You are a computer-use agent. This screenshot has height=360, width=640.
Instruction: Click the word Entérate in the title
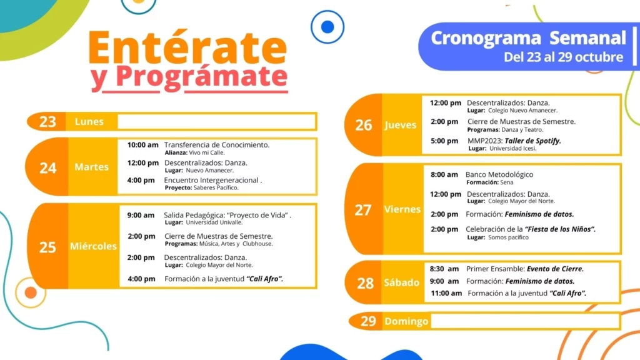[187, 47]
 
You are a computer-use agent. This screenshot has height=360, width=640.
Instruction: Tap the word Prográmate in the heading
[202, 77]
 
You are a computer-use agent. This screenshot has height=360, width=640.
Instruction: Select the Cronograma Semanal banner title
[528, 38]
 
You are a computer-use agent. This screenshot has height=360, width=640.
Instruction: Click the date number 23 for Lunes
[47, 122]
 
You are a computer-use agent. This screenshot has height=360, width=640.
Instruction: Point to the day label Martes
[91, 167]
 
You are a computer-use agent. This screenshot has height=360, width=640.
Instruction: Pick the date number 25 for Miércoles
[47, 247]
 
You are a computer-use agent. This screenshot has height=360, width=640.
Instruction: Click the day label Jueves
[400, 125]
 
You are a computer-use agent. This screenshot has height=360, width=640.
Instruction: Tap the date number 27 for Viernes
[363, 210]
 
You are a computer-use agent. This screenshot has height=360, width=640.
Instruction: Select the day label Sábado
[402, 282]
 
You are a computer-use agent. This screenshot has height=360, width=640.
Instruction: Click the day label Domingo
[406, 322]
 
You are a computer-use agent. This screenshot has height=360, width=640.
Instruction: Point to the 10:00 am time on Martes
[142, 145]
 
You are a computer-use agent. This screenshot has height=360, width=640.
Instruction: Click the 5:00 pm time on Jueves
[444, 141]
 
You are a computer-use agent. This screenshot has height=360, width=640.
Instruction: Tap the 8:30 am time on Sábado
[444, 269]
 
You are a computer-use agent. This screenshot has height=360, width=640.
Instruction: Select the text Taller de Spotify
[532, 141]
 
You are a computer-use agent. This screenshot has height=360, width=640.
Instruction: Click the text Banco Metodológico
[499, 175]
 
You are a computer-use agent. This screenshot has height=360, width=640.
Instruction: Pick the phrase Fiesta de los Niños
[560, 229]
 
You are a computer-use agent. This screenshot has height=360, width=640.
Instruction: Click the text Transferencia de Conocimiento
[217, 145]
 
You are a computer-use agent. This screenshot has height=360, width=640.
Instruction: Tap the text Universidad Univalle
[214, 222]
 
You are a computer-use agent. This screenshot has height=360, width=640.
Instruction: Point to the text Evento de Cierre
[555, 269]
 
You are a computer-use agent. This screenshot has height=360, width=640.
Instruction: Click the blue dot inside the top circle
[327, 27]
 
